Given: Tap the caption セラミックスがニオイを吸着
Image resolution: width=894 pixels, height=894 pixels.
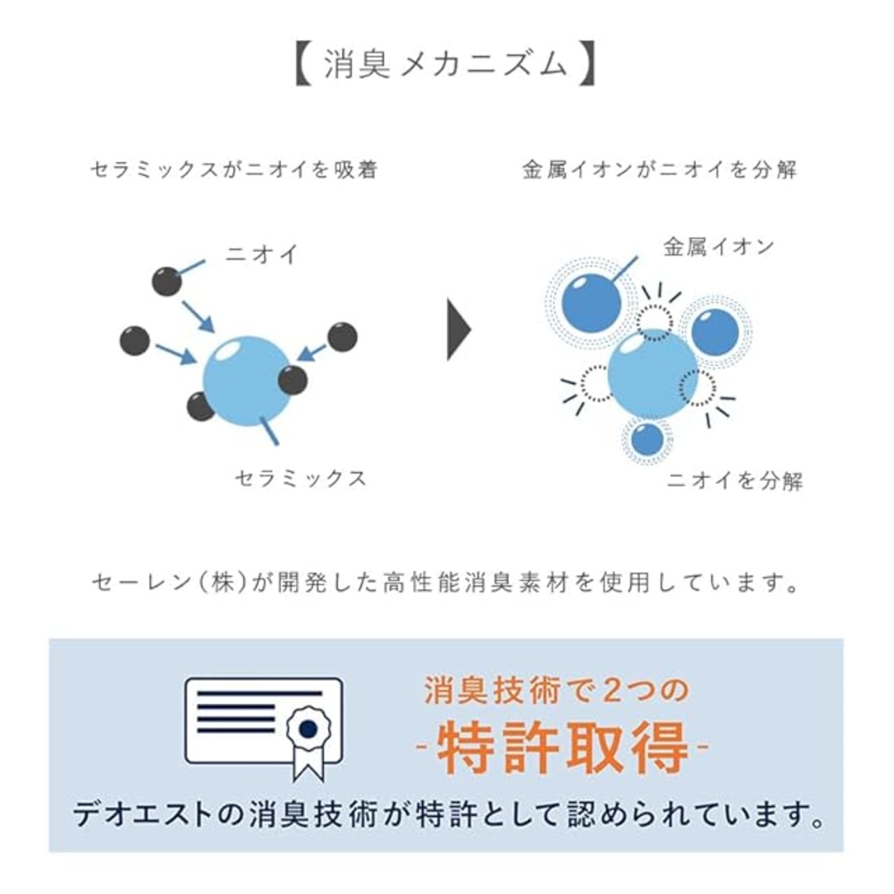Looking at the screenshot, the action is [x=234, y=169].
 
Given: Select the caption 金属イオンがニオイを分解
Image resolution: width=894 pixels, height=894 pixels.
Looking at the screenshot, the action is [x=659, y=169].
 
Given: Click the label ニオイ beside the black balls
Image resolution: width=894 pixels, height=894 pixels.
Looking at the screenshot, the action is [x=261, y=254].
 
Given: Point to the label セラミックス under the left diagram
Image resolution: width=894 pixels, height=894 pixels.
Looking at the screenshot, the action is [x=300, y=478].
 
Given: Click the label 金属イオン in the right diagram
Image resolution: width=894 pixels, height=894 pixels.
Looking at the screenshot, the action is [x=718, y=247].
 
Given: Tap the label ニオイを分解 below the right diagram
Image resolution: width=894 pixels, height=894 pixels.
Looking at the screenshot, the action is [x=735, y=481].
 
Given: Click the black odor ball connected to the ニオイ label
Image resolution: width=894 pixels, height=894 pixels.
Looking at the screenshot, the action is [x=167, y=281].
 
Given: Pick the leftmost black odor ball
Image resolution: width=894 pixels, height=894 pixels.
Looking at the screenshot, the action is [x=135, y=340].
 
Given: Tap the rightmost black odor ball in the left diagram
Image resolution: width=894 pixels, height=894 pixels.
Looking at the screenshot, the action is [x=342, y=337].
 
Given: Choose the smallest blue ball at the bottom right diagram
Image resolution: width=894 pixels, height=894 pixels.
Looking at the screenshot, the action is [x=647, y=439].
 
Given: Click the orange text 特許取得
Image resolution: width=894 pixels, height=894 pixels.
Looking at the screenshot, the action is [x=563, y=747].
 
